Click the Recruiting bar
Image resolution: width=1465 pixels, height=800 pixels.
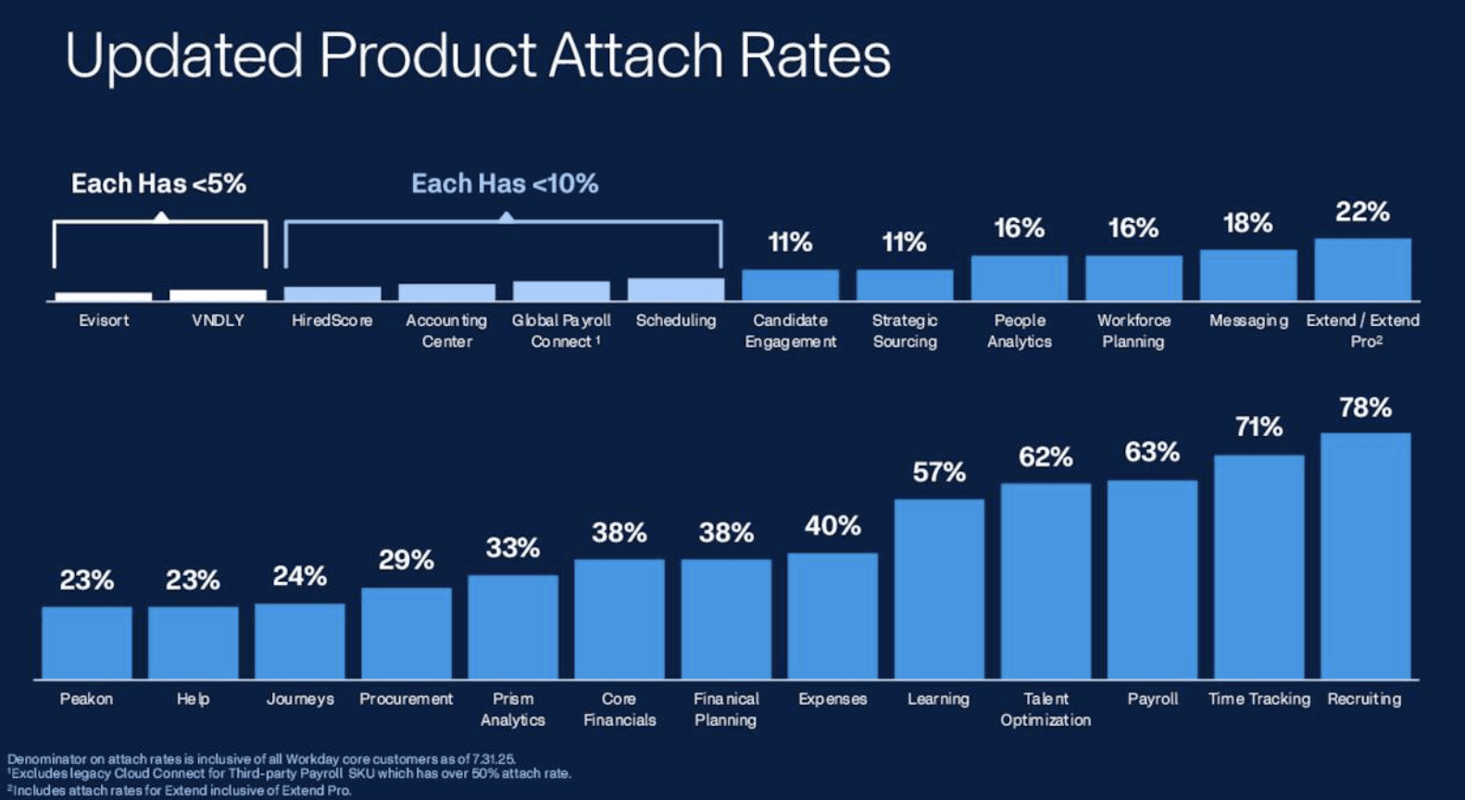click(1365, 556)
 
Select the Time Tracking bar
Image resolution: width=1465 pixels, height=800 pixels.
click(1258, 567)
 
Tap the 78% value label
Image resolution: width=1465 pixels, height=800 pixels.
click(1365, 407)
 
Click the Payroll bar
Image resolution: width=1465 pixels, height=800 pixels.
click(1152, 580)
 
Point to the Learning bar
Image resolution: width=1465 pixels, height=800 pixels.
click(939, 589)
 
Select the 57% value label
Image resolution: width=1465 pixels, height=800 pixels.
click(939, 472)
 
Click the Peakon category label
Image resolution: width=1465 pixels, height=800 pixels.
click(86, 699)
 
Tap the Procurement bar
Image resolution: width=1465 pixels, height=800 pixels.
click(407, 633)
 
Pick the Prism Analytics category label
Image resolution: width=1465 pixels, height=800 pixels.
click(513, 709)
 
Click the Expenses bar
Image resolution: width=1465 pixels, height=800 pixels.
click(833, 616)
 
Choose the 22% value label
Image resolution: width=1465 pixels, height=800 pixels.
click(1362, 212)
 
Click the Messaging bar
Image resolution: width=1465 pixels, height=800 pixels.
click(1248, 275)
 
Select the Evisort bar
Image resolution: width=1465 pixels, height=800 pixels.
click(104, 296)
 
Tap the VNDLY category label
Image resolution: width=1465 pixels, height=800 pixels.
click(218, 320)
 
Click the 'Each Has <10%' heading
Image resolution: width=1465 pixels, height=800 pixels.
click(505, 183)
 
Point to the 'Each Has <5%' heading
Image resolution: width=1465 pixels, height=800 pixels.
click(158, 183)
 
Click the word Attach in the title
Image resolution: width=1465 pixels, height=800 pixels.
click(635, 56)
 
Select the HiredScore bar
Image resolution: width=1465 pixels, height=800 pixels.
click(332, 294)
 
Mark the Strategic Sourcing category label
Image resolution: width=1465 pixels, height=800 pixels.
click(905, 331)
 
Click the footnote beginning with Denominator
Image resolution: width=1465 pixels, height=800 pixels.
click(261, 759)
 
